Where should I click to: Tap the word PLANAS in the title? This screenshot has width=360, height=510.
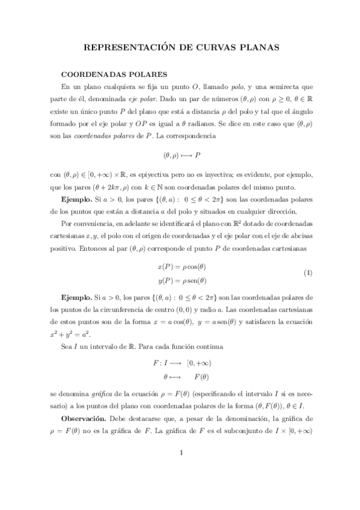coord(257,46)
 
